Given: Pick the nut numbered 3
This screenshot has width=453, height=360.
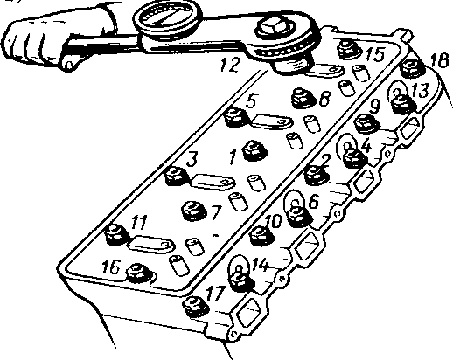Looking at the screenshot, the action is pos(177,177).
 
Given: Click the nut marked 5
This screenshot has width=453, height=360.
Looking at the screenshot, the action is pos(236,117).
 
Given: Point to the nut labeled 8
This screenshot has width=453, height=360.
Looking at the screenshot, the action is pos(304,98).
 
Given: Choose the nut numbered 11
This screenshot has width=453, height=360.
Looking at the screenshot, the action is pos(116,234).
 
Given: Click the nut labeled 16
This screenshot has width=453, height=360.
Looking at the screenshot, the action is pos(139,273).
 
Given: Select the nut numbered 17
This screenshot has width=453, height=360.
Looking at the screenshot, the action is pos(195,307).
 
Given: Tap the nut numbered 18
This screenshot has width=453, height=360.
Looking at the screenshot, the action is pos(412,68).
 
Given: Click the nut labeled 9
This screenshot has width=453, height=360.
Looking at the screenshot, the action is pos(366,124).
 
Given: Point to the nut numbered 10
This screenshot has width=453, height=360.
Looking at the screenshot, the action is pos(261,235).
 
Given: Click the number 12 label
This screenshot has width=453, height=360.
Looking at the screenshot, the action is pos(230,65).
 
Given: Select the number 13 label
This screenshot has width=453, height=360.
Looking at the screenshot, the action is pos(420,90).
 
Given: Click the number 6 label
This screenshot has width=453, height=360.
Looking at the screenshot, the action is pos(313,201).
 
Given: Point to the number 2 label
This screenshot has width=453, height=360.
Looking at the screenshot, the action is pos(324,161).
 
